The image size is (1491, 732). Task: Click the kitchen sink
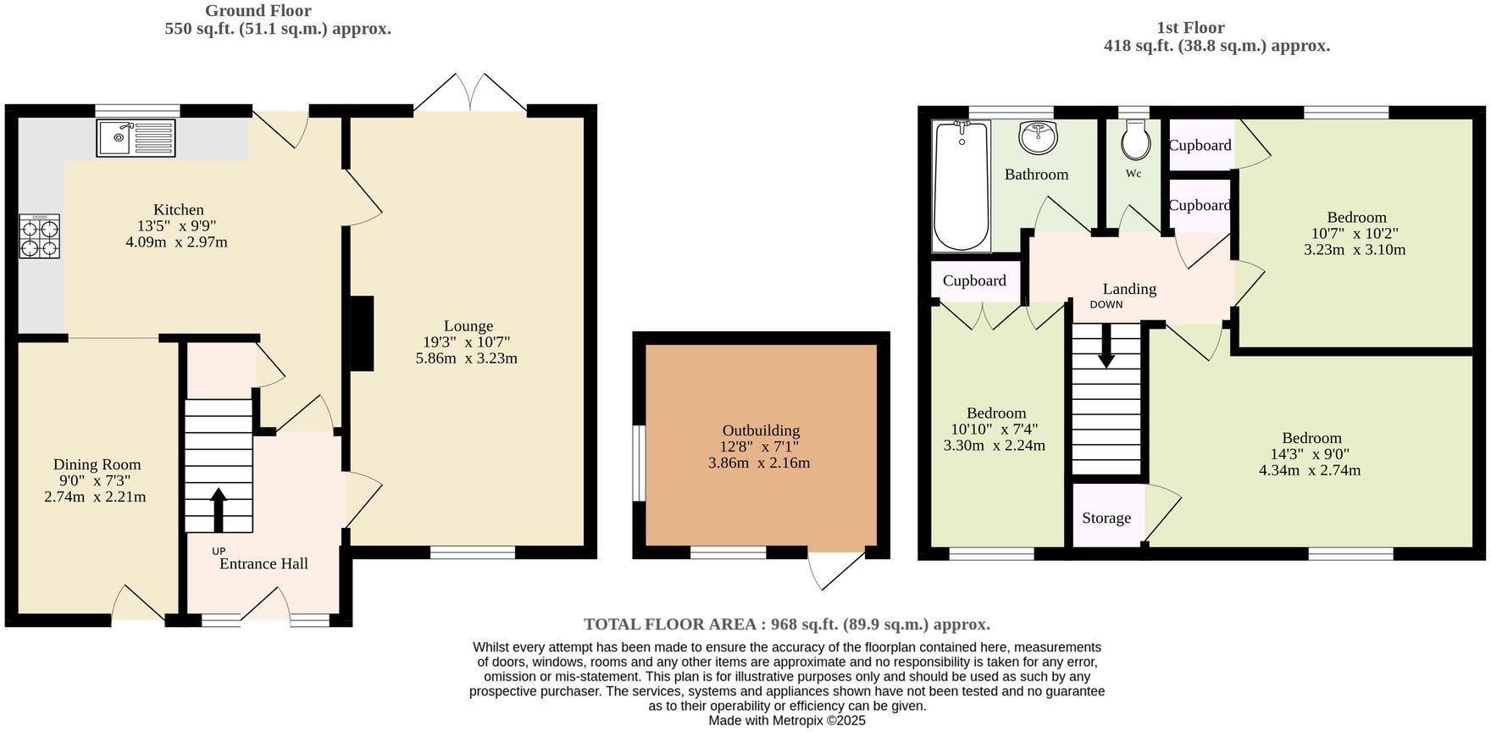click(135, 138)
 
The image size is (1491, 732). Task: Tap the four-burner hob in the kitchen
click(40, 236)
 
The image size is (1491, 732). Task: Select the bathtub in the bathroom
click(961, 186)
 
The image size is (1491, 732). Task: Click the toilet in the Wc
click(1135, 141)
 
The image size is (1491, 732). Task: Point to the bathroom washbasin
click(1038, 137)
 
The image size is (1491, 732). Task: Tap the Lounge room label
click(468, 326)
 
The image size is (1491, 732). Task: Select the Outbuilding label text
click(761, 430)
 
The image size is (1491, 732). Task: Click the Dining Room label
click(97, 464)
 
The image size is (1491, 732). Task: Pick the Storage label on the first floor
click(1106, 518)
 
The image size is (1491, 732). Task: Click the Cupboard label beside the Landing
click(974, 280)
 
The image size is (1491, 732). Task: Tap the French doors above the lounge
click(471, 93)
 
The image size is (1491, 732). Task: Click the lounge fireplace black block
click(363, 333)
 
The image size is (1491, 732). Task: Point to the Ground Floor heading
click(258, 11)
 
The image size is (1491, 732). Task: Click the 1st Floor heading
click(1190, 27)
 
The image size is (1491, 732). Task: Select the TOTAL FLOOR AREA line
click(786, 624)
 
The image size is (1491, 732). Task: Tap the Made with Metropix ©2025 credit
click(787, 720)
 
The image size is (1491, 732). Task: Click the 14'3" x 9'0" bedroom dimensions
click(1310, 454)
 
